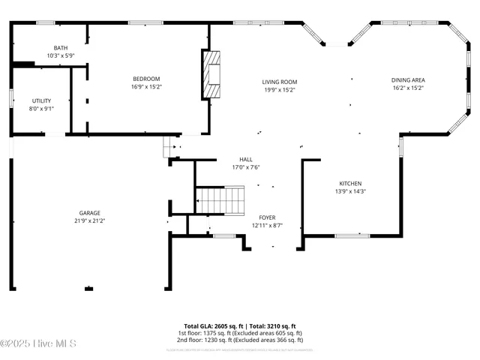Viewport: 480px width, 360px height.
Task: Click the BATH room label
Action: (60, 48)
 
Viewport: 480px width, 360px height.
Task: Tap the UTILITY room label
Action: (41, 100)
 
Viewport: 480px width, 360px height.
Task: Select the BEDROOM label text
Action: (146, 79)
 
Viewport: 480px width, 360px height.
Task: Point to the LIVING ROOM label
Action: (279, 82)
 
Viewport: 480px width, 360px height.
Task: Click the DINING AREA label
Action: (408, 80)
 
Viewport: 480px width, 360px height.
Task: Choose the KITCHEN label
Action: (350, 184)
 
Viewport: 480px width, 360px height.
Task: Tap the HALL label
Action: (245, 160)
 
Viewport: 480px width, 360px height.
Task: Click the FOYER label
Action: (267, 217)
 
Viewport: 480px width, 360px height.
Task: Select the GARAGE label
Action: (90, 213)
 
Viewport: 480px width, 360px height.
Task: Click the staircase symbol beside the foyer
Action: (220, 200)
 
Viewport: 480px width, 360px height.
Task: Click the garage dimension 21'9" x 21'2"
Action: (90, 220)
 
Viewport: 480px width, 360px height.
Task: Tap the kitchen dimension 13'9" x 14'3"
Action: (350, 191)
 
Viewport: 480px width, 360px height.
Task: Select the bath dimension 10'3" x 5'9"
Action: (60, 55)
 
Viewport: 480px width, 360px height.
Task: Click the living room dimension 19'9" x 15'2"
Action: (279, 89)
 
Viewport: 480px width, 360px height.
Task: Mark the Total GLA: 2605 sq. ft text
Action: (211, 325)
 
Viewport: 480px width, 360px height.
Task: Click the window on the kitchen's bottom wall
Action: (352, 235)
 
